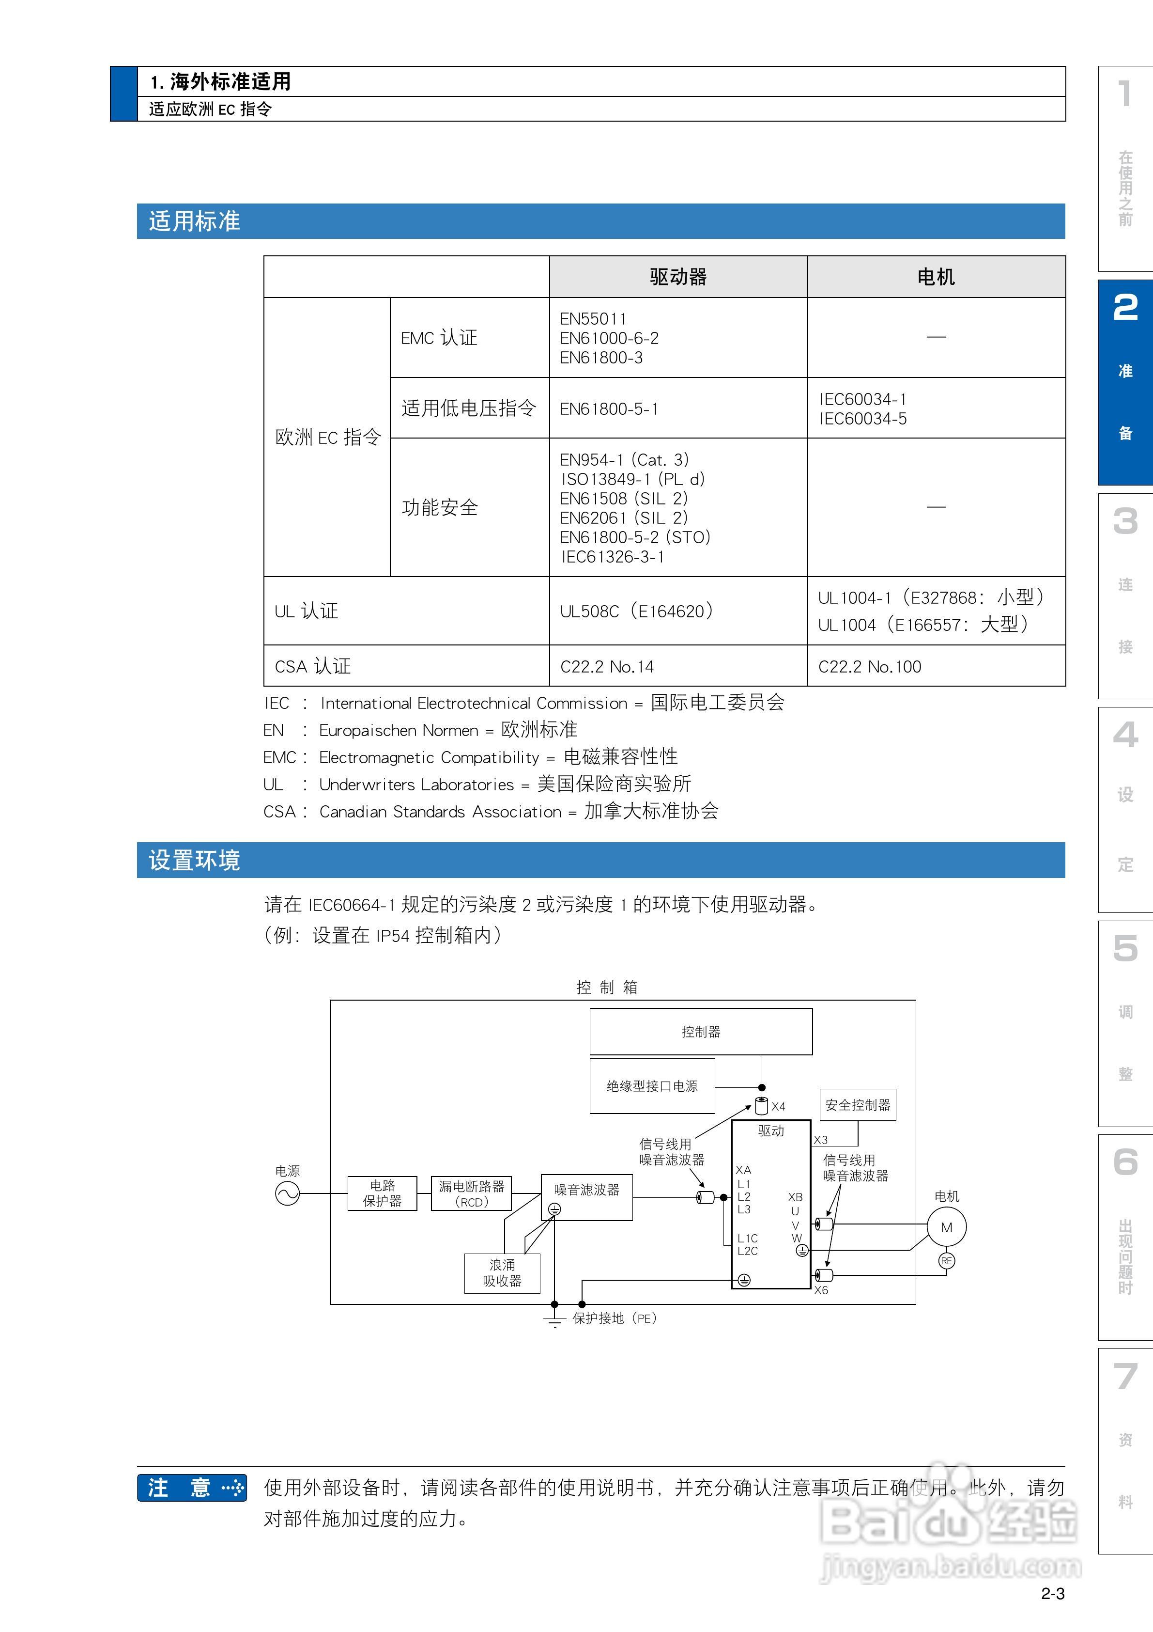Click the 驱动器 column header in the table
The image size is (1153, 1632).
(x=678, y=277)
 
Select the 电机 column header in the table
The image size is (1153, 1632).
(x=936, y=277)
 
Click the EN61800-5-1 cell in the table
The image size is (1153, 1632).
(x=609, y=408)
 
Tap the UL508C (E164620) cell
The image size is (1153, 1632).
(x=636, y=612)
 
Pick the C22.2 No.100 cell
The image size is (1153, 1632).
(x=870, y=667)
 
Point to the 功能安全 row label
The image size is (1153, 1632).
(x=440, y=507)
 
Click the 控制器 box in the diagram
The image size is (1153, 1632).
(x=700, y=1031)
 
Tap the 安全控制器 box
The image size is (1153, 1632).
(x=858, y=1105)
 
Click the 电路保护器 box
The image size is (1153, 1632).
(x=382, y=1193)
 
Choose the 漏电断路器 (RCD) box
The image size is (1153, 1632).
(x=471, y=1194)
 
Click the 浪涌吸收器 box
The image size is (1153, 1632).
(x=502, y=1273)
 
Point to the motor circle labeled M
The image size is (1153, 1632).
(x=946, y=1227)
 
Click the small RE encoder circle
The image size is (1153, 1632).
(x=946, y=1261)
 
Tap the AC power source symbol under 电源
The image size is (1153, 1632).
(x=287, y=1194)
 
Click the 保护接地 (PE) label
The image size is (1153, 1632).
(x=615, y=1318)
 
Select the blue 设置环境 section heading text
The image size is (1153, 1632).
(x=195, y=861)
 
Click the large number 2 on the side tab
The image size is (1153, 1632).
(x=1125, y=308)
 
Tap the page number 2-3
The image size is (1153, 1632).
(x=1053, y=1594)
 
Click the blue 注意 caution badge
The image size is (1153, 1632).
(x=192, y=1488)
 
